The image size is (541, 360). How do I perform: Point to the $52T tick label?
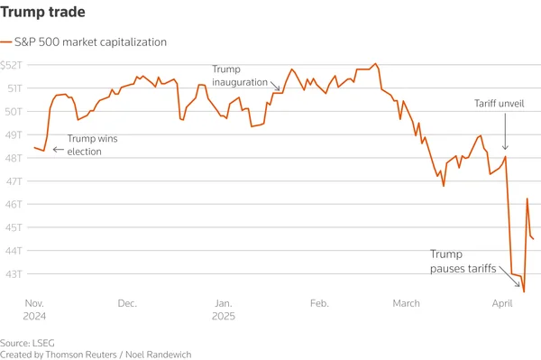(12, 65)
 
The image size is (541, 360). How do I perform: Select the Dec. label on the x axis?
(126, 304)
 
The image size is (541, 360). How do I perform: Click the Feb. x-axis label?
(319, 304)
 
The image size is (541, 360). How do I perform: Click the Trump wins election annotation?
(93, 145)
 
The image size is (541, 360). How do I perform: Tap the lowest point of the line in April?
(524, 291)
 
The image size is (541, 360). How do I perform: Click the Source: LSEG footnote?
(28, 343)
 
